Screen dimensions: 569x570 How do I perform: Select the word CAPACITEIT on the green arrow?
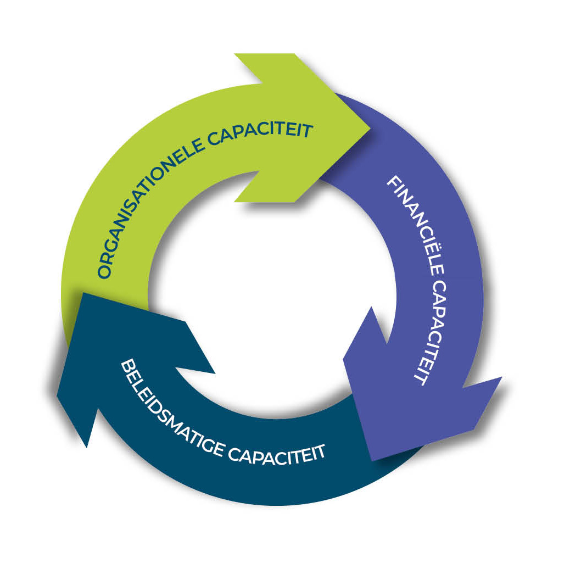(x=261, y=135)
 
